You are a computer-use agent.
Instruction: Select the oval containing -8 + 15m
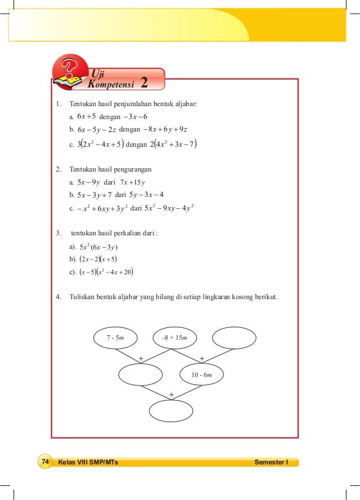(174, 337)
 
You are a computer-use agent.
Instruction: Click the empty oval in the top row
(233, 337)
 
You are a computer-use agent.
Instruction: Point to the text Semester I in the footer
(271, 462)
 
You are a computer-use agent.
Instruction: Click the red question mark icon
(70, 76)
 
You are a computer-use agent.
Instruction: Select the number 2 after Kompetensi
(144, 84)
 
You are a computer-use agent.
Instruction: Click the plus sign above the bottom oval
(171, 393)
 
